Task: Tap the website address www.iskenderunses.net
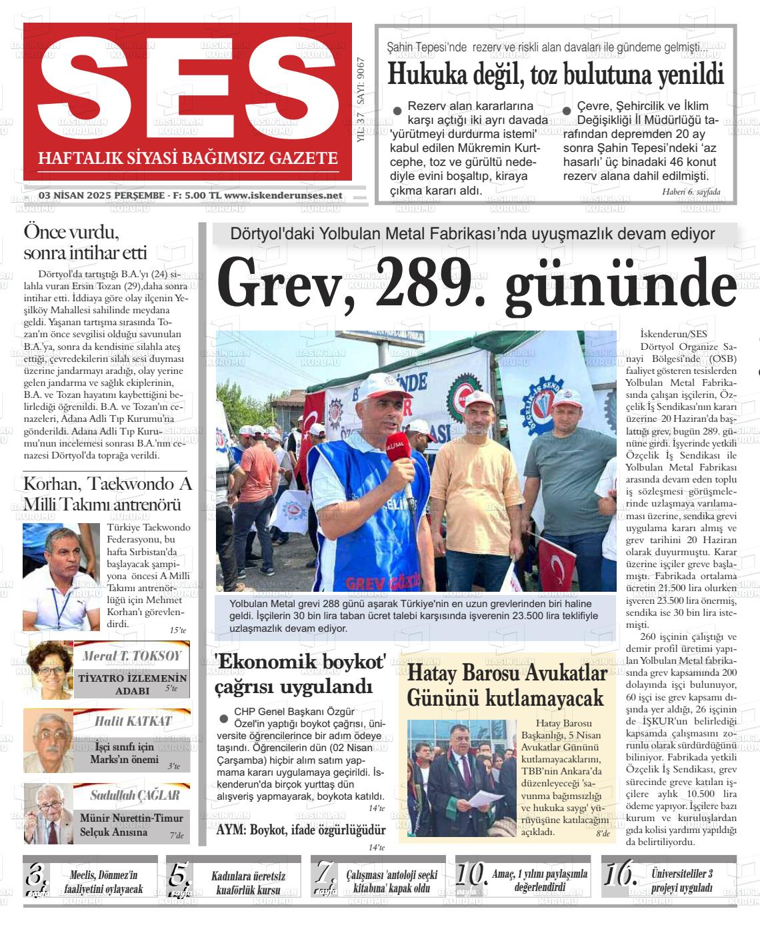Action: pos(283,195)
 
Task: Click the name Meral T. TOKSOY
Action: pos(131,656)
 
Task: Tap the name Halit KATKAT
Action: pos(133,721)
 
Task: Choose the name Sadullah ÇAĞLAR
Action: pos(135,795)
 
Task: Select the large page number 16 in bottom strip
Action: pos(619,873)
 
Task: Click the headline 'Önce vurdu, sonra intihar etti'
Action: pos(85,243)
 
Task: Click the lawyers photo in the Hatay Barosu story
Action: pos(461,778)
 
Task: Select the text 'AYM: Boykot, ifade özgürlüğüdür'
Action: pos(301,830)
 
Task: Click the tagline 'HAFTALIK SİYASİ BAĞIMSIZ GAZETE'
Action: pos(188,159)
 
